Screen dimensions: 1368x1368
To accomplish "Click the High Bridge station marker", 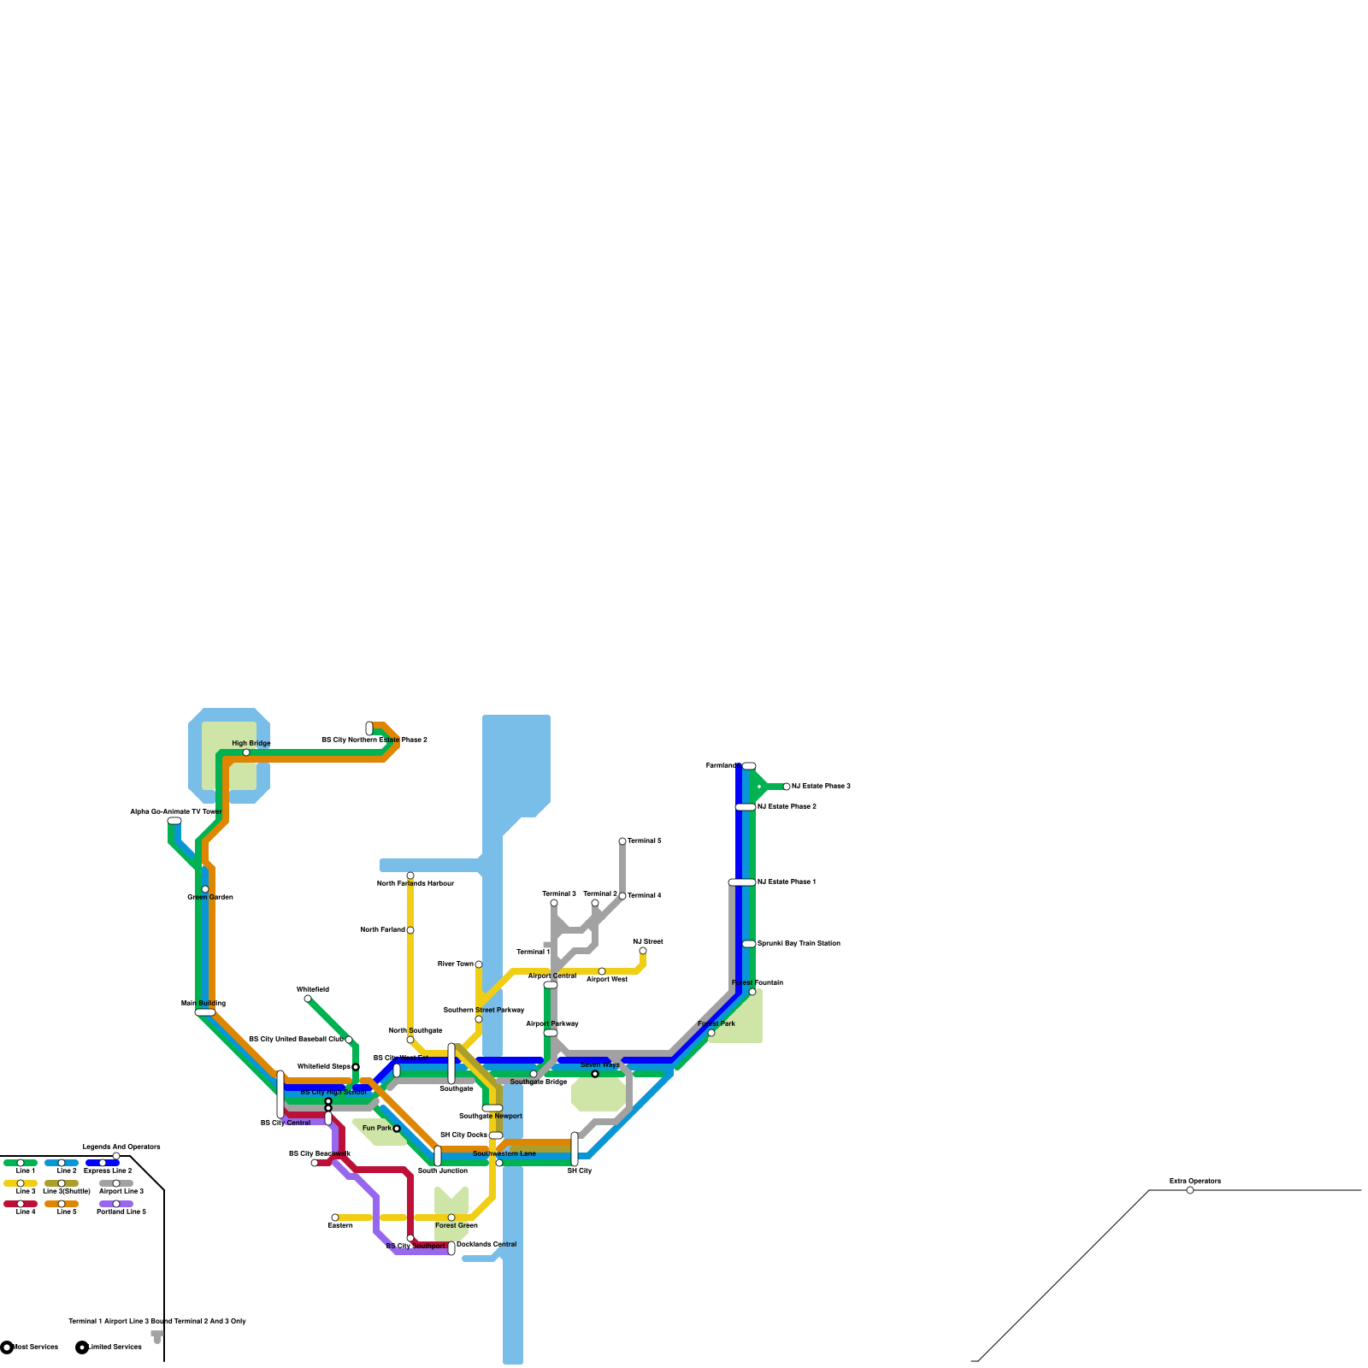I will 246,752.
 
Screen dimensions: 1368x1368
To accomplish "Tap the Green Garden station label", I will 210,897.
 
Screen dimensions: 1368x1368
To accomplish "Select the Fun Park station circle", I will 397,1129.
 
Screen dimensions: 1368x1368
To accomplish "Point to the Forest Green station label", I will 456,1225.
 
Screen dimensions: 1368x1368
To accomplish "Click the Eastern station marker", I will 335,1218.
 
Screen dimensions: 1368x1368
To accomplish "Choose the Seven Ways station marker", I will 595,1074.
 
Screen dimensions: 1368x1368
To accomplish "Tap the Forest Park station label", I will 716,1023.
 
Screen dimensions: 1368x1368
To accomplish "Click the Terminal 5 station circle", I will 622,841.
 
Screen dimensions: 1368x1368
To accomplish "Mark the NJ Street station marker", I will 643,951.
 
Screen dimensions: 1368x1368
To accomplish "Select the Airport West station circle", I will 602,971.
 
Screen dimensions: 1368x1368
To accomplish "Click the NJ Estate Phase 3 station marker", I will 787,787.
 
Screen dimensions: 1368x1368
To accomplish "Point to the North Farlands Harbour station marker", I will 410,876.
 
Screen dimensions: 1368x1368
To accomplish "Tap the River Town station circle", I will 479,964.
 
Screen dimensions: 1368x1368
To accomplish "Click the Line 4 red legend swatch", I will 21,1204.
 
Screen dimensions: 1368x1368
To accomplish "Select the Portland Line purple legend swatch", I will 116,1204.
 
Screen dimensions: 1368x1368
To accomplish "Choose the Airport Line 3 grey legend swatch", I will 116,1183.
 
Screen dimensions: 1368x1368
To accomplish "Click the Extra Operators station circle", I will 1190,1190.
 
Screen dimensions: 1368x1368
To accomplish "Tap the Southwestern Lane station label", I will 504,1153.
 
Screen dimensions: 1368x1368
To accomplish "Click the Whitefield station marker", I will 308,999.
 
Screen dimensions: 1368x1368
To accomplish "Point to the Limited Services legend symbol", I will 82,1347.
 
